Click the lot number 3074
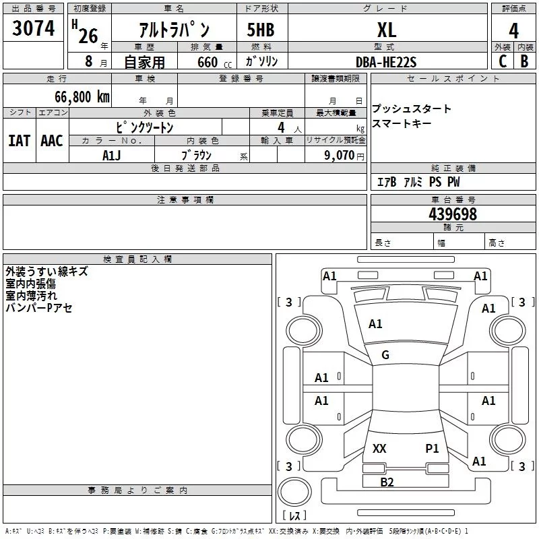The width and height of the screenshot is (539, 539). tap(33, 28)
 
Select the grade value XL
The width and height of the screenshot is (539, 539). tap(387, 30)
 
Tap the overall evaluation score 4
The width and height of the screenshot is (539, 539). tap(513, 30)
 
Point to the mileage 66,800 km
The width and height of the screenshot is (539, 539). tap(82, 96)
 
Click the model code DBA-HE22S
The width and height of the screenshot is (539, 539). tap(386, 62)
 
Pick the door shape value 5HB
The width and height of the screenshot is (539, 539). tap(261, 30)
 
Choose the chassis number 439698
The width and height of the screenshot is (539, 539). tap(453, 214)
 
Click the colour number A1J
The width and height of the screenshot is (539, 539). tap(111, 156)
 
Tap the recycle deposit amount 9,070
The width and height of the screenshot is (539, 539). tap(339, 155)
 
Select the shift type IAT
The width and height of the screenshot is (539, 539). tap(19, 141)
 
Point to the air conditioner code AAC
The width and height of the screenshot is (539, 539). tap(52, 141)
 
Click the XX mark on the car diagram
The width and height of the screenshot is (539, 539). tap(379, 448)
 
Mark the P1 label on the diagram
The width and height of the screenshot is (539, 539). tap(432, 448)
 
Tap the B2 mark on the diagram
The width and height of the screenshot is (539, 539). tap(387, 482)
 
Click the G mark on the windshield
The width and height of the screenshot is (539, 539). tap(385, 355)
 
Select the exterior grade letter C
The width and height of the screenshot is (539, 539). tap(503, 61)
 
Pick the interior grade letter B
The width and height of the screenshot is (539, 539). tap(524, 61)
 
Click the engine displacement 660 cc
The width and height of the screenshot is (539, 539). tap(214, 62)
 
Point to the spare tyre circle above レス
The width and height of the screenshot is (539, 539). tap(294, 491)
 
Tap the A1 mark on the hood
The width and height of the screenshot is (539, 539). tap(375, 324)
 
